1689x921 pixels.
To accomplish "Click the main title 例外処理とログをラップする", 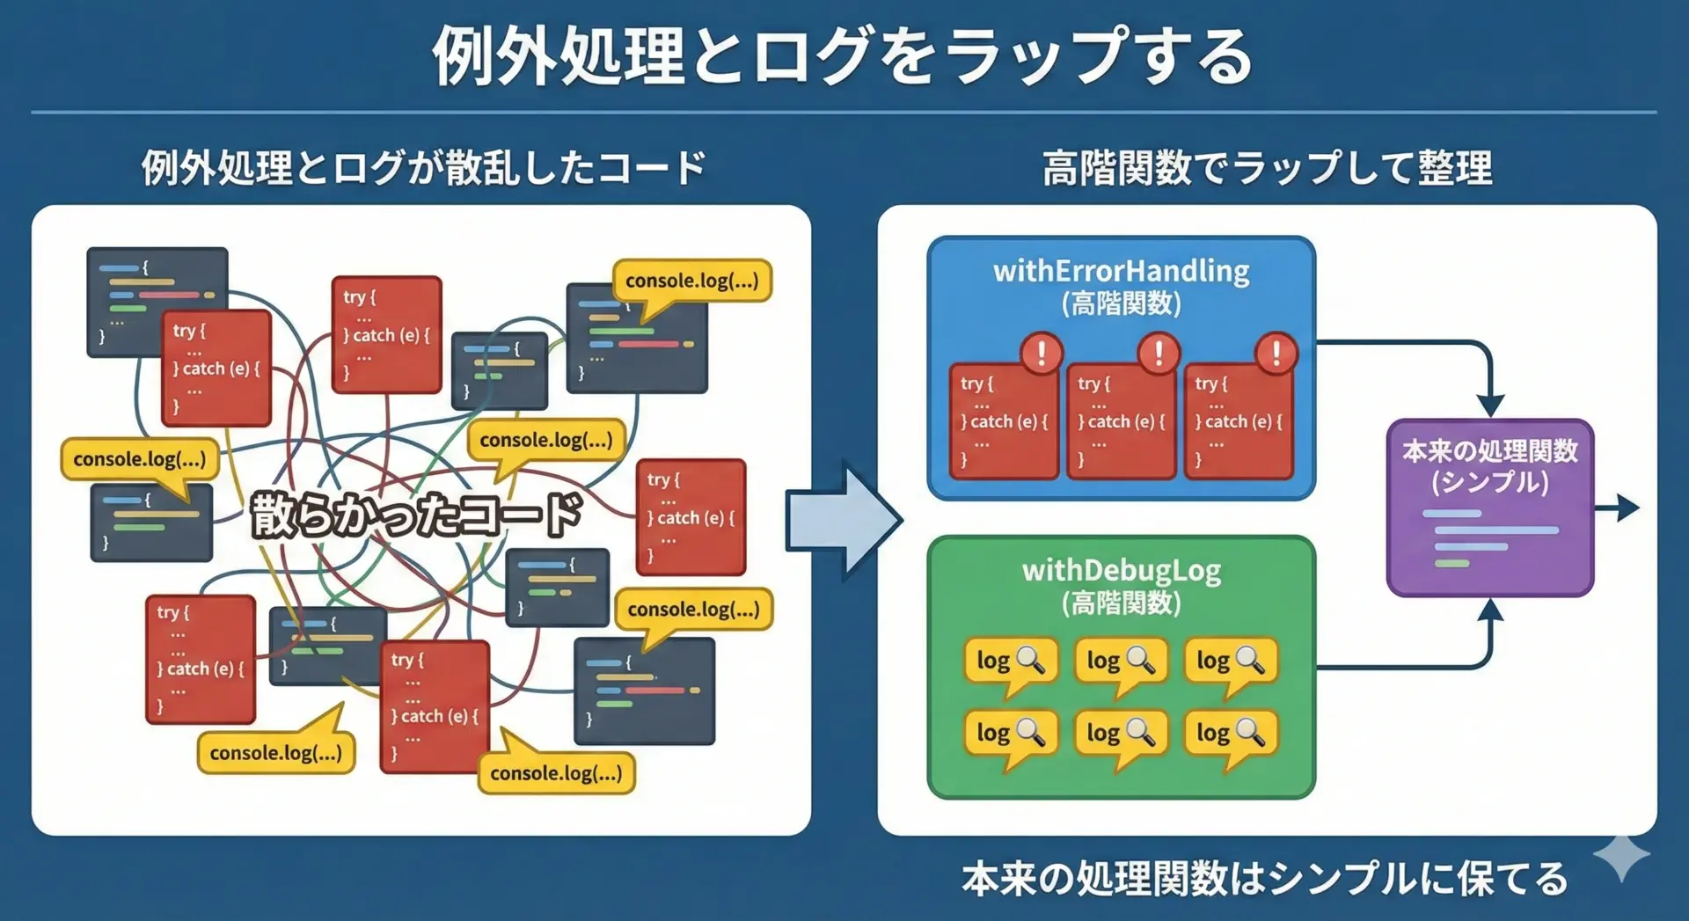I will (843, 56).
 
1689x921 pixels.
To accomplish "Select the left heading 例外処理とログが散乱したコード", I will (423, 167).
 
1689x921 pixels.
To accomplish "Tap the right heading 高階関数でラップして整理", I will (1267, 167).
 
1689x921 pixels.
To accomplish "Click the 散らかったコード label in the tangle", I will (416, 515).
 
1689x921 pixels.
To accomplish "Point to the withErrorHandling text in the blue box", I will (1121, 271).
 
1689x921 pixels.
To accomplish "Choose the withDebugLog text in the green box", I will (1121, 570).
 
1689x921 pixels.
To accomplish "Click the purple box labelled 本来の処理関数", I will (1489, 508).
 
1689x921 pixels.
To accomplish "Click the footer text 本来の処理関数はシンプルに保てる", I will (1264, 878).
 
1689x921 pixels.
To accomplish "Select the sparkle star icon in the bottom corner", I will (1620, 855).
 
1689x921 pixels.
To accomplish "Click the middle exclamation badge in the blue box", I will (1159, 354).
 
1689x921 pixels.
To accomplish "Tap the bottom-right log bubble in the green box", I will (1230, 734).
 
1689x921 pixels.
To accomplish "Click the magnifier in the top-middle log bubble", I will (1141, 660).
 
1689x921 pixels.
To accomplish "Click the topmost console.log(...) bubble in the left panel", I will (691, 281).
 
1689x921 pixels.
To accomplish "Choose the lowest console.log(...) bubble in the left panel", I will (556, 773).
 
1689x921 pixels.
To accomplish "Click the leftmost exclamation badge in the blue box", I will (1042, 354).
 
